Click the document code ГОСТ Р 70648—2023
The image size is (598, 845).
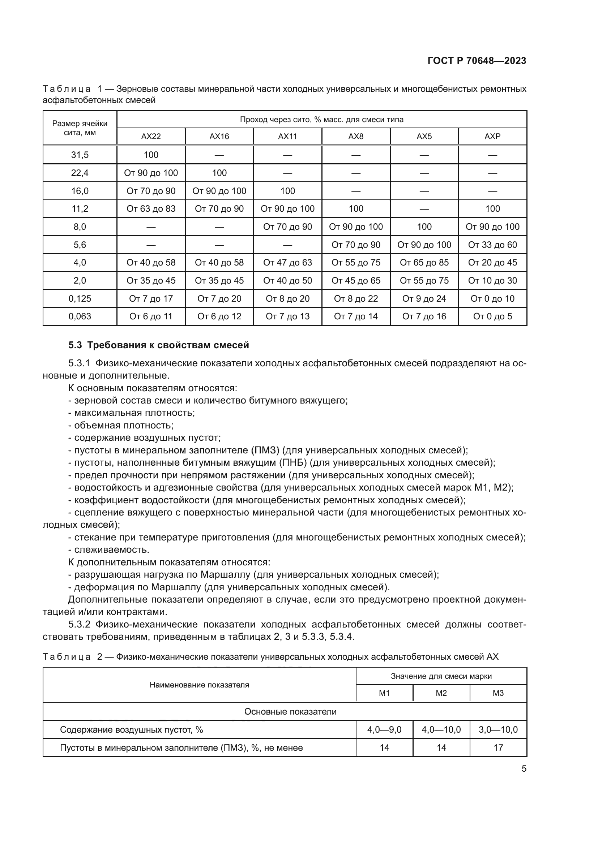tap(477, 61)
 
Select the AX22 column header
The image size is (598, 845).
tap(151, 137)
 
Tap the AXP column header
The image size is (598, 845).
tap(492, 137)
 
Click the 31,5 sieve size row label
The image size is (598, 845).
tap(80, 155)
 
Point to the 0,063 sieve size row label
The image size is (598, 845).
tap(80, 316)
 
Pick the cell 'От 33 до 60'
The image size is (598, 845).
tap(492, 245)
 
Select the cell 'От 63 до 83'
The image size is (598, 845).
tap(151, 209)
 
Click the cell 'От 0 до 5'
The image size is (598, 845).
tap(492, 316)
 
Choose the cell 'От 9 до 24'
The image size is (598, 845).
tap(424, 298)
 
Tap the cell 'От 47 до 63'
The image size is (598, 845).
tap(287, 263)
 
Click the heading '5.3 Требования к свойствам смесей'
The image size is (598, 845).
tap(159, 345)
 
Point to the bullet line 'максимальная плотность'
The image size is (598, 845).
tap(134, 413)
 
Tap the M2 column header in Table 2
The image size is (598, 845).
tap(441, 693)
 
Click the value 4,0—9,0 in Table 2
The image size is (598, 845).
tap(384, 730)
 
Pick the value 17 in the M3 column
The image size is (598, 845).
tap(498, 748)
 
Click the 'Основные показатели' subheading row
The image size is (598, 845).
tap(290, 712)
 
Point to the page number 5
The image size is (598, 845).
tap(524, 769)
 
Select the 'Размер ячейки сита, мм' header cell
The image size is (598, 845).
tap(80, 128)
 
